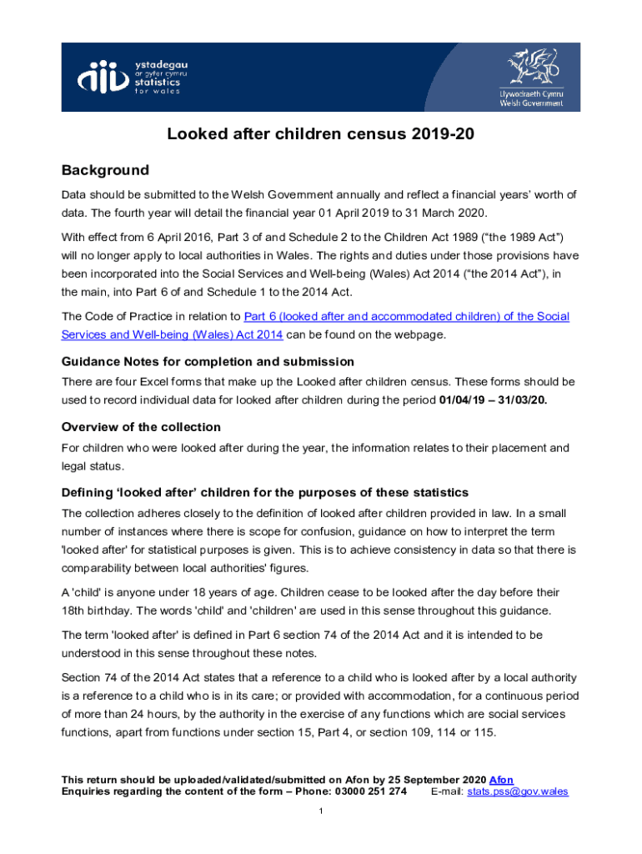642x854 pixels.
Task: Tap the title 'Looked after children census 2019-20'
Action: pyautogui.click(x=321, y=134)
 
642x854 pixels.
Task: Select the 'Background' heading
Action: pyautogui.click(x=105, y=170)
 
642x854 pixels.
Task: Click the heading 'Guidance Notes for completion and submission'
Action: pyautogui.click(x=208, y=361)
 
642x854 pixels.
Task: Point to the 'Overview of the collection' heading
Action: pyautogui.click(x=141, y=427)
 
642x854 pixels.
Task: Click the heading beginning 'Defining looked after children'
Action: pyautogui.click(x=265, y=492)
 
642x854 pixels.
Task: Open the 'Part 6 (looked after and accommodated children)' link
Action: pyautogui.click(x=406, y=316)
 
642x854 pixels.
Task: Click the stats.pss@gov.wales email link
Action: pyautogui.click(x=518, y=791)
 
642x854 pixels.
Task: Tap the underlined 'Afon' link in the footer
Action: pyautogui.click(x=501, y=780)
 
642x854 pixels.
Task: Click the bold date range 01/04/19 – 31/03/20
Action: pyautogui.click(x=493, y=400)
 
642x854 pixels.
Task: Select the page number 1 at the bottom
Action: pyautogui.click(x=321, y=812)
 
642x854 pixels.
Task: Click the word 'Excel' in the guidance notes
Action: pyautogui.click(x=147, y=381)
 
